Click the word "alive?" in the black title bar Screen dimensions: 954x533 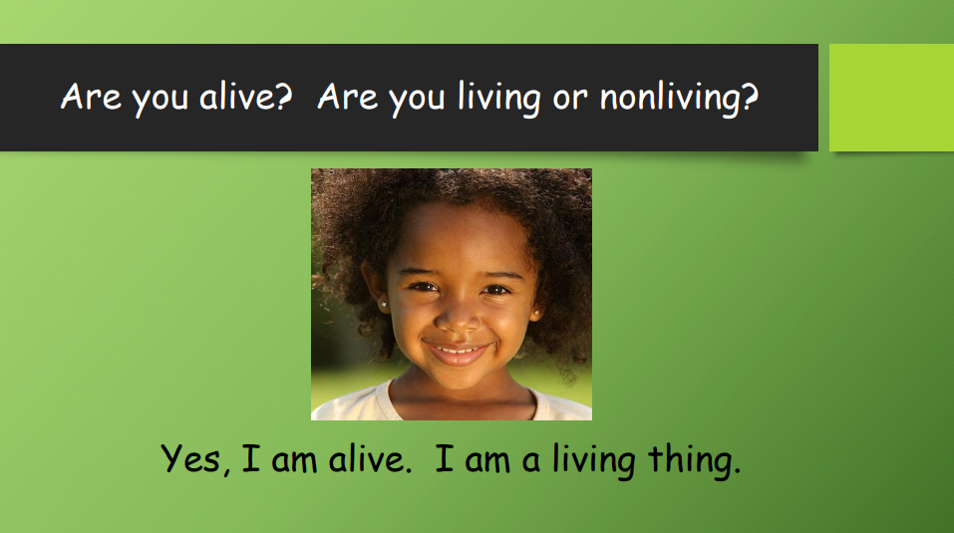(246, 96)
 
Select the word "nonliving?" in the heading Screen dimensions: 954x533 (679, 98)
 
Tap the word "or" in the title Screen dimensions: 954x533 (570, 99)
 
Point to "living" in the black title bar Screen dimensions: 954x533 (498, 98)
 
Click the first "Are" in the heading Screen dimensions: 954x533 (91, 96)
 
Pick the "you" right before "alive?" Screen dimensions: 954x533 (160, 101)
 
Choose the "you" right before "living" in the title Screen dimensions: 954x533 (417, 101)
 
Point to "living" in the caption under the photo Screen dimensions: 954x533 (594, 460)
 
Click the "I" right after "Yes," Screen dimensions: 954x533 (251, 457)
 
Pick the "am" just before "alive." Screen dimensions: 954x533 (294, 461)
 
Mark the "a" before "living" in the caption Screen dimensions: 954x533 (530, 461)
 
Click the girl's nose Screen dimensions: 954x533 (459, 316)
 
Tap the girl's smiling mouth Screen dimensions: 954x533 (457, 352)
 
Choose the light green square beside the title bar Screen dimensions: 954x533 (891, 98)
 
